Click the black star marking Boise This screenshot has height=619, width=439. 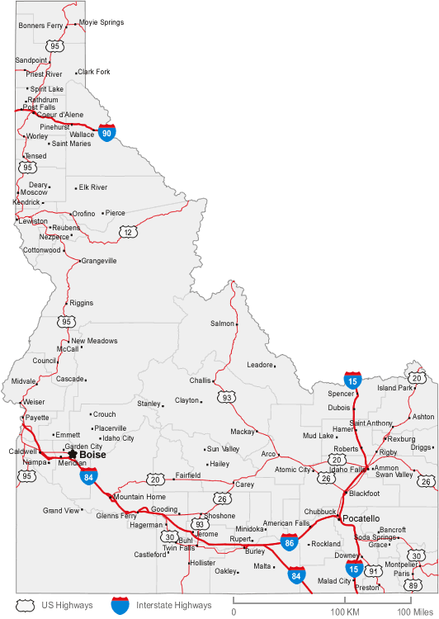coord(72,453)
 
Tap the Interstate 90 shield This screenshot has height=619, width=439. coord(106,133)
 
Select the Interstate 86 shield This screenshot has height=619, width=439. coord(289,542)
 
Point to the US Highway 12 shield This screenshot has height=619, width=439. coord(127,233)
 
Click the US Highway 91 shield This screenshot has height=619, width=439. coord(374,571)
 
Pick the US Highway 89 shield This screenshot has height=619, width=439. coord(413,585)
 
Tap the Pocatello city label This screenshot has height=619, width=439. coord(361,518)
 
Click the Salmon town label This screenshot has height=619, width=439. coord(222,324)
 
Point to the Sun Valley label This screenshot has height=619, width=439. coord(223,449)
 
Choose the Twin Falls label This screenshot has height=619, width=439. coord(178,548)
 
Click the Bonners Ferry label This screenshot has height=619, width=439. coord(40,26)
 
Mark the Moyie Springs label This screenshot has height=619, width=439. coord(101,22)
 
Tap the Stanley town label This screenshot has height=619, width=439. coord(149,404)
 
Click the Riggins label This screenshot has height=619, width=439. coord(81,303)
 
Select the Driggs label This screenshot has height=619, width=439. coord(422,447)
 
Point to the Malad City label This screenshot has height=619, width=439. coord(334,581)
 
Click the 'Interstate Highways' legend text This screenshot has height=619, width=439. coord(174,605)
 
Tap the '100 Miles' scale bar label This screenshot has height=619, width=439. coord(416,611)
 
